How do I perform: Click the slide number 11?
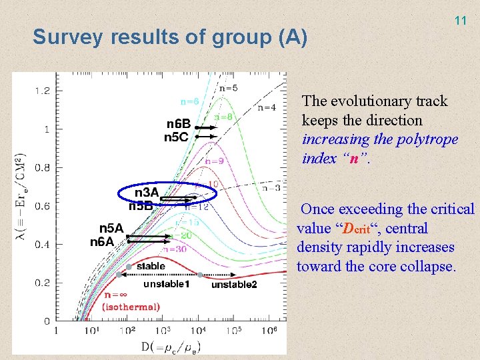pos(460,21)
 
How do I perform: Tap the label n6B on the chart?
pos(178,124)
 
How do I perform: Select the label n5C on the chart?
pos(177,137)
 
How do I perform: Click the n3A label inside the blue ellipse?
pos(147,193)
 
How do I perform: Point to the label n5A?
pos(111,229)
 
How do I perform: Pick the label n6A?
pos(103,242)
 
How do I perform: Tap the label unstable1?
pos(167,285)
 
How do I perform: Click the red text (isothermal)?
pos(131,307)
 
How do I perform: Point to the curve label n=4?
pos(267,107)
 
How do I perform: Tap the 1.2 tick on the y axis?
pos(41,91)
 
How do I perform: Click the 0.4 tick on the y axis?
pos(41,245)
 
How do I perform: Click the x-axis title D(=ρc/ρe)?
pos(171,346)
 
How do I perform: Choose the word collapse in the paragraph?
pos(427,267)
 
